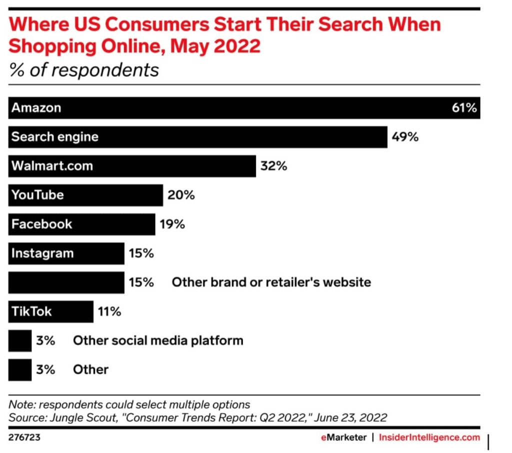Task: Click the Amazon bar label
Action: coord(36,107)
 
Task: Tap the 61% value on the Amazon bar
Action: coord(464,107)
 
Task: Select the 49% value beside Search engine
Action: coord(405,136)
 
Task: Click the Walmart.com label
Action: coord(52,165)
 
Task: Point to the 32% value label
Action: coord(273,165)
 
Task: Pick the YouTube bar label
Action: coord(37,194)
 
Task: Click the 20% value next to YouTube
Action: coord(181,194)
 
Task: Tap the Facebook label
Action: coord(41,223)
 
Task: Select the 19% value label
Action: coord(172,224)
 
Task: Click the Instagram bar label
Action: coord(42,253)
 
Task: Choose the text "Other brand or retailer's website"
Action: coord(271,282)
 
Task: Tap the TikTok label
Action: coord(31,311)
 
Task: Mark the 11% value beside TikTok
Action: coord(109,311)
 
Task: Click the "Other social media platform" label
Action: coord(158,340)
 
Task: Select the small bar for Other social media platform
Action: coord(20,340)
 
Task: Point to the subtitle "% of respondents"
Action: coord(83,69)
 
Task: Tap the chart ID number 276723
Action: coord(24,437)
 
